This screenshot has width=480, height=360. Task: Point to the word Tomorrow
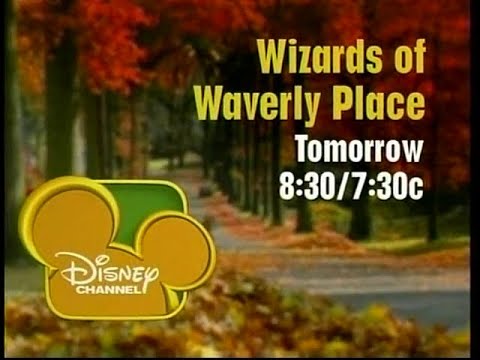point(359,150)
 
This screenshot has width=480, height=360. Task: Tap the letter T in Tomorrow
point(302,150)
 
